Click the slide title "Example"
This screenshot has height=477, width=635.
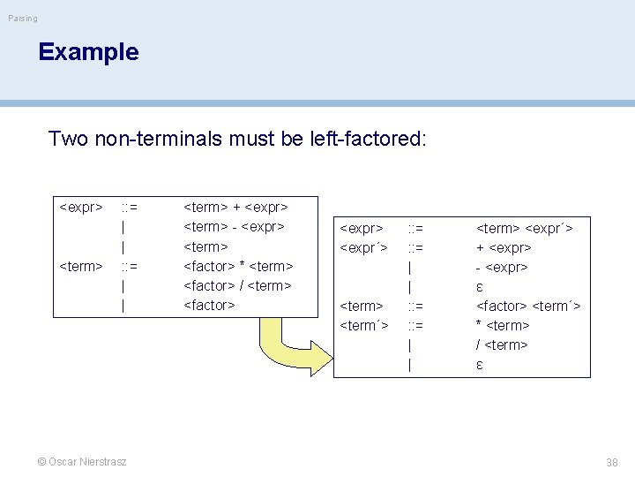coord(88,52)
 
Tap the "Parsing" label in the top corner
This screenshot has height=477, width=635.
coord(24,18)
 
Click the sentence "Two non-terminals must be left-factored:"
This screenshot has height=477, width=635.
coord(237,139)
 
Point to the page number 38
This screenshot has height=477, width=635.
coord(612,462)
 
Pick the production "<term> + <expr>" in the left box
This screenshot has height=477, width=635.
coord(235,208)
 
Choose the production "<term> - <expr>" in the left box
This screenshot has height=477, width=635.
coord(234,227)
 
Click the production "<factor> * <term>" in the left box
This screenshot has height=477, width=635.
coord(238,266)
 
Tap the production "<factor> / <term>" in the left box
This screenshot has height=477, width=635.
coord(237,285)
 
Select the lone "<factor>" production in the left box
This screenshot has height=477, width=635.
coord(209,305)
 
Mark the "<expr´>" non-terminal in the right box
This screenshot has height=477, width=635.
coord(364,247)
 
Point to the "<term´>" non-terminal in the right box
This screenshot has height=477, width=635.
coord(364,325)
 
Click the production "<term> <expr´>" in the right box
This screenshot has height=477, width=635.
coord(525,228)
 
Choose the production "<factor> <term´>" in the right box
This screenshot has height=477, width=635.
coord(528,306)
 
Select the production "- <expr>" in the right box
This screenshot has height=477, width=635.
coord(502,267)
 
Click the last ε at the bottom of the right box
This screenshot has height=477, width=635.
coord(480,364)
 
